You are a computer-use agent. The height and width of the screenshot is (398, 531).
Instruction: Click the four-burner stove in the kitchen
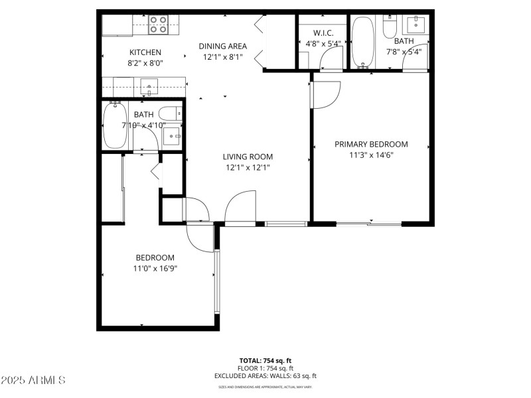coord(157,25)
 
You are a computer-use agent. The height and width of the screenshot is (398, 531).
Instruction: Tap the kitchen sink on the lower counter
coord(149,86)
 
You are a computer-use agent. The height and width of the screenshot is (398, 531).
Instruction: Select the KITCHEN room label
coord(145,52)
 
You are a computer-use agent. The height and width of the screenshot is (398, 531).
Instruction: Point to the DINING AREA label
coord(223,46)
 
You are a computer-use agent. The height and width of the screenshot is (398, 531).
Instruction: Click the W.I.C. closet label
coord(315,33)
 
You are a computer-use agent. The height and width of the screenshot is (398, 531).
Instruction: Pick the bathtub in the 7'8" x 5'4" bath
coord(362,42)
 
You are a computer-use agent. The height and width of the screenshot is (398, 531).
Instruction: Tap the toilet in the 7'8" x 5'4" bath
coord(390,27)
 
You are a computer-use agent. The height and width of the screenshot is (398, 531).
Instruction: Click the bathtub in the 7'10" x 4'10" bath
coord(115,125)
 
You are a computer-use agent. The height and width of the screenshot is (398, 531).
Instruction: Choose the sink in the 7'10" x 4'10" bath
coord(172,137)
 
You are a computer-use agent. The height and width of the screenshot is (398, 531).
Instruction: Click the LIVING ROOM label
coord(248,157)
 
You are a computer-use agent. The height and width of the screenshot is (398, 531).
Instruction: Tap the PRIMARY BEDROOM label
coord(371,144)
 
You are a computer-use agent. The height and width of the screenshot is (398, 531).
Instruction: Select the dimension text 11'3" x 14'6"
coord(371,155)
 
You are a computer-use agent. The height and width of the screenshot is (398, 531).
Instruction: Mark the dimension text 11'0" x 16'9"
coord(155,269)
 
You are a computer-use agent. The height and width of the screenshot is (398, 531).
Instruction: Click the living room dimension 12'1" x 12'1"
coord(248,168)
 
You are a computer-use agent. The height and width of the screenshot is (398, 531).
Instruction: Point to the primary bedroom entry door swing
coord(325,93)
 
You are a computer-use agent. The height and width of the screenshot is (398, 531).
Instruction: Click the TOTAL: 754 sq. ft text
coord(265,361)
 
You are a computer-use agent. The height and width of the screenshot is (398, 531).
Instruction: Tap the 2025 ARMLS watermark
coord(33,381)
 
